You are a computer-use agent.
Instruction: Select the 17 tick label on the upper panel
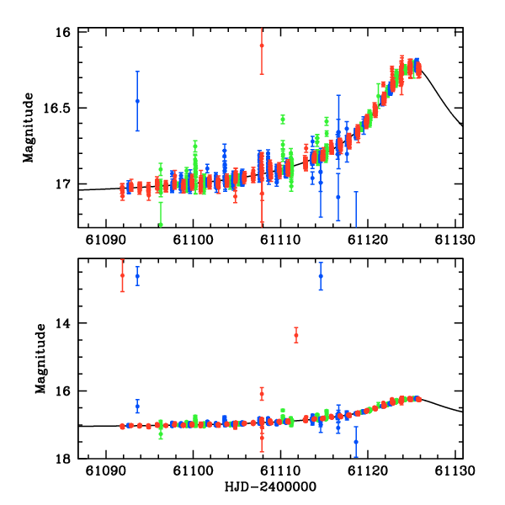click(x=65, y=183)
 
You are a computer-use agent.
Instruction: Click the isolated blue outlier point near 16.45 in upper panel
click(x=137, y=101)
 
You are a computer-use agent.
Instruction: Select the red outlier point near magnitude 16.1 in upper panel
click(x=262, y=45)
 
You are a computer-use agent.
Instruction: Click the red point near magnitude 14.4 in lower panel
click(x=296, y=335)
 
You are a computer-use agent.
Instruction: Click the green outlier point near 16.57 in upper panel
click(x=283, y=119)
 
